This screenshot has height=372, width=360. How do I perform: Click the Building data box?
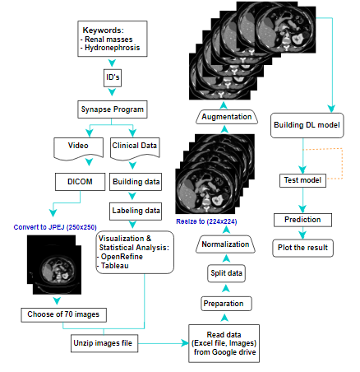click(x=136, y=181)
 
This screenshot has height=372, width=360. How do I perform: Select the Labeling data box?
click(x=136, y=210)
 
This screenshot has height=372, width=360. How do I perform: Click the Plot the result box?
click(x=303, y=247)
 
